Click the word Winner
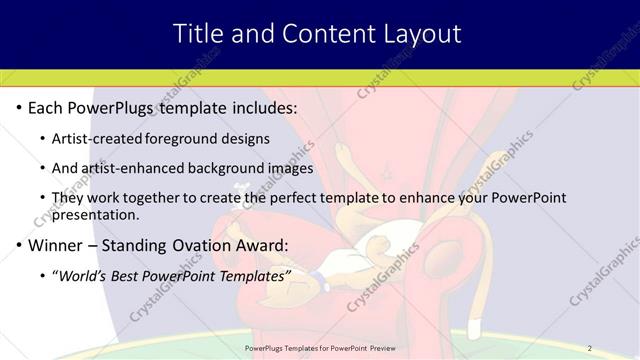pyautogui.click(x=56, y=245)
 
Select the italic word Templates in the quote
pyautogui.click(x=255, y=275)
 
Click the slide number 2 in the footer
pyautogui.click(x=589, y=348)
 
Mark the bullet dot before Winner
pyautogui.click(x=21, y=246)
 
